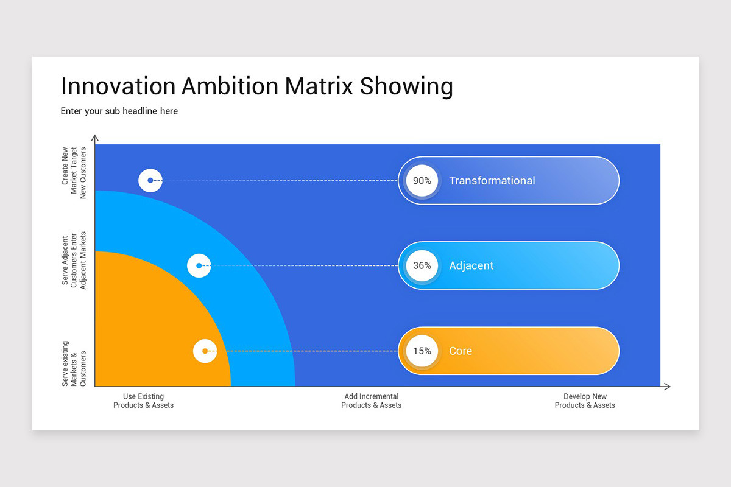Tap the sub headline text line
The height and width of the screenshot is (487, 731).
click(119, 111)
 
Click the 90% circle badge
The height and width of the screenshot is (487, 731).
click(422, 181)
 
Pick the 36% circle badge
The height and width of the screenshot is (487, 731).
click(422, 266)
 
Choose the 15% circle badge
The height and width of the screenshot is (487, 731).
click(422, 351)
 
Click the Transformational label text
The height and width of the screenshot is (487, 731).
click(492, 181)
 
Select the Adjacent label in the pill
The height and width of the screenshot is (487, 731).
click(471, 266)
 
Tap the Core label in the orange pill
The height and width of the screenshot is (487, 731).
click(460, 351)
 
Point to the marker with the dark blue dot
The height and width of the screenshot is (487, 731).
click(150, 181)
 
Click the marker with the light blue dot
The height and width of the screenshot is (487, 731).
click(199, 266)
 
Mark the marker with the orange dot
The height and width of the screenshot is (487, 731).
click(205, 351)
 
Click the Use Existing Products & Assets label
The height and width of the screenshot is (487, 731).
click(143, 401)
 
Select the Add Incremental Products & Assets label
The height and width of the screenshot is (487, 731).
click(371, 401)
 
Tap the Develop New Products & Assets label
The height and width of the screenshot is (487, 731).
click(585, 401)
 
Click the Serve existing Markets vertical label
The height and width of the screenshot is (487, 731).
click(74, 363)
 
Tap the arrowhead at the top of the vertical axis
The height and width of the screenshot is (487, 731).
click(94, 138)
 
